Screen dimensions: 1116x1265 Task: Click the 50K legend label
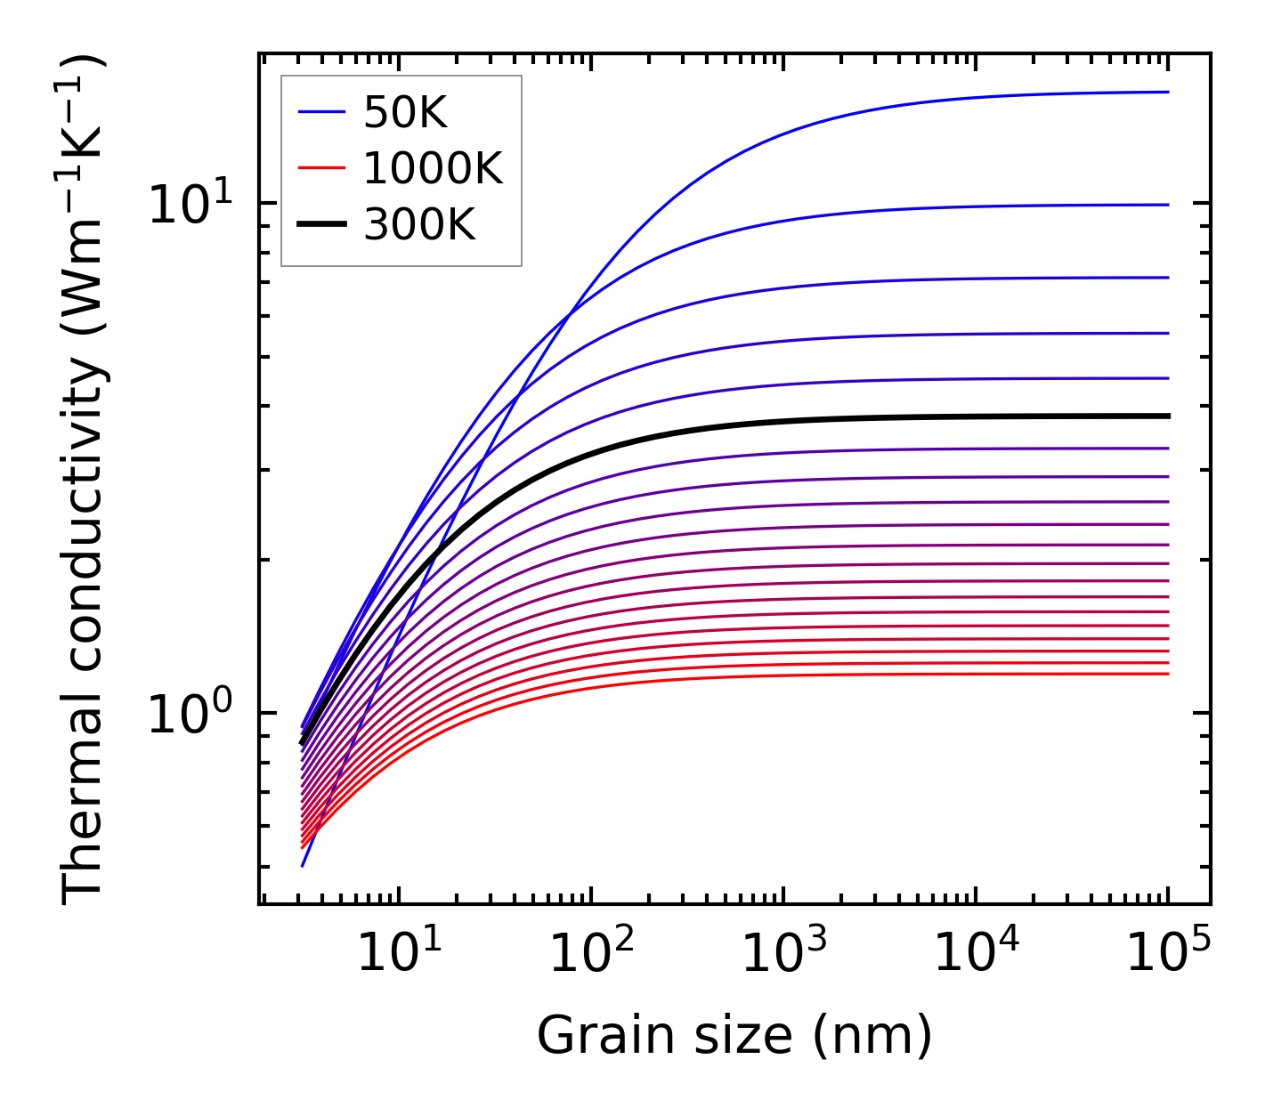[x=405, y=112]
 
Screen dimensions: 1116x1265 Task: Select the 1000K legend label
[x=433, y=168]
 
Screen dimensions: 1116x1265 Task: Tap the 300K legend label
[x=419, y=225]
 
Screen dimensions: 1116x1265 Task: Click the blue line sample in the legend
[x=320, y=112]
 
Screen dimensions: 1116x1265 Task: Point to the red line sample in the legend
[x=320, y=168]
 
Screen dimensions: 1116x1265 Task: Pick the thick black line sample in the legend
[x=320, y=225]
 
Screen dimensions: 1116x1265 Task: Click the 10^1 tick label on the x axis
[x=398, y=955]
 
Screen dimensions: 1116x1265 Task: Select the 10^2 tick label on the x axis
[x=590, y=955]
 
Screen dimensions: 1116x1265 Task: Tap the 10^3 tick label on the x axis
[x=783, y=955]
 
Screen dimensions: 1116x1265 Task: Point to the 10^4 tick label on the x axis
[x=976, y=955]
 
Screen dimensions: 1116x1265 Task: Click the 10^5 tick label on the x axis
[x=1168, y=955]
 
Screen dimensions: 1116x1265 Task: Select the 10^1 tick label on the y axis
[x=190, y=205]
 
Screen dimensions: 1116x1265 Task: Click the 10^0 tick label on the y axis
[x=190, y=715]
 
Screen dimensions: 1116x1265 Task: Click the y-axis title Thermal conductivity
[x=85, y=481]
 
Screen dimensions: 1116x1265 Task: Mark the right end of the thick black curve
[x=1168, y=416]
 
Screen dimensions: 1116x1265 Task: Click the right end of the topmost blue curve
[x=1168, y=92]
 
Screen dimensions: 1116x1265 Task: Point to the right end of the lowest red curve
[x=1168, y=674]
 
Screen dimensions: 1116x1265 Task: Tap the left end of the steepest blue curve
[x=303, y=866]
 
